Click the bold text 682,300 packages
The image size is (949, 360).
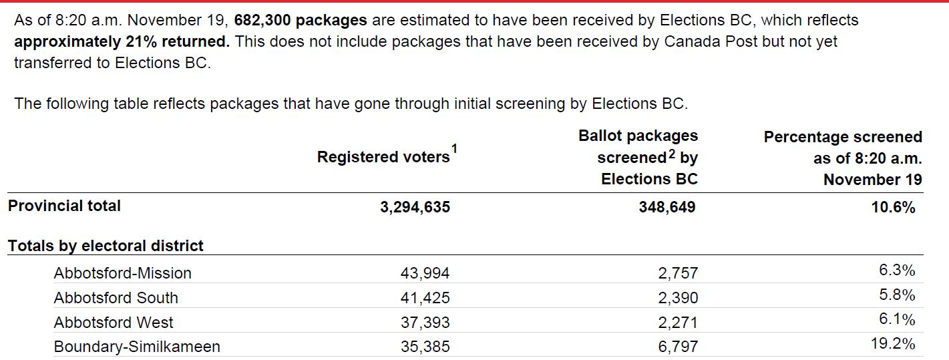[x=301, y=20]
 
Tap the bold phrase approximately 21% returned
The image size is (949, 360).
[x=122, y=41]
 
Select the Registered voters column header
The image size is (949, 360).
[x=383, y=157]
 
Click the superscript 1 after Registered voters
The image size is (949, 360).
[x=454, y=149]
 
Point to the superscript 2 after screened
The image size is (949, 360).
[x=671, y=154]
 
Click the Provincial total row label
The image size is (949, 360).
[x=64, y=206]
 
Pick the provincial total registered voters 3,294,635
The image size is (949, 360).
[x=415, y=207]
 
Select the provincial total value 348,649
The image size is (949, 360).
[x=667, y=207]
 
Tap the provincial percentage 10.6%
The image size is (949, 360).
[x=893, y=207]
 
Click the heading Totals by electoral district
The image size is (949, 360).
[x=106, y=246]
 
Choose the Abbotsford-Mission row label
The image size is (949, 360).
[x=123, y=273]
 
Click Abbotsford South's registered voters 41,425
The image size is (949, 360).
[x=425, y=298]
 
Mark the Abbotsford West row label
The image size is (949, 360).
[x=114, y=323]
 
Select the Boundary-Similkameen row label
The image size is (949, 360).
[x=137, y=347]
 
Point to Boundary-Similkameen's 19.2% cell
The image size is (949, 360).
[x=893, y=343]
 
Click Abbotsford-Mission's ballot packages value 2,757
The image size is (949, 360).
[x=678, y=273]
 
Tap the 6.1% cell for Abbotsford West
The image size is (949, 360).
[x=898, y=319]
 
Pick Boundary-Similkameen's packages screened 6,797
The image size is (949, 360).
[x=678, y=347]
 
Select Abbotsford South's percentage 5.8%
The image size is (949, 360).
[x=898, y=295]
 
